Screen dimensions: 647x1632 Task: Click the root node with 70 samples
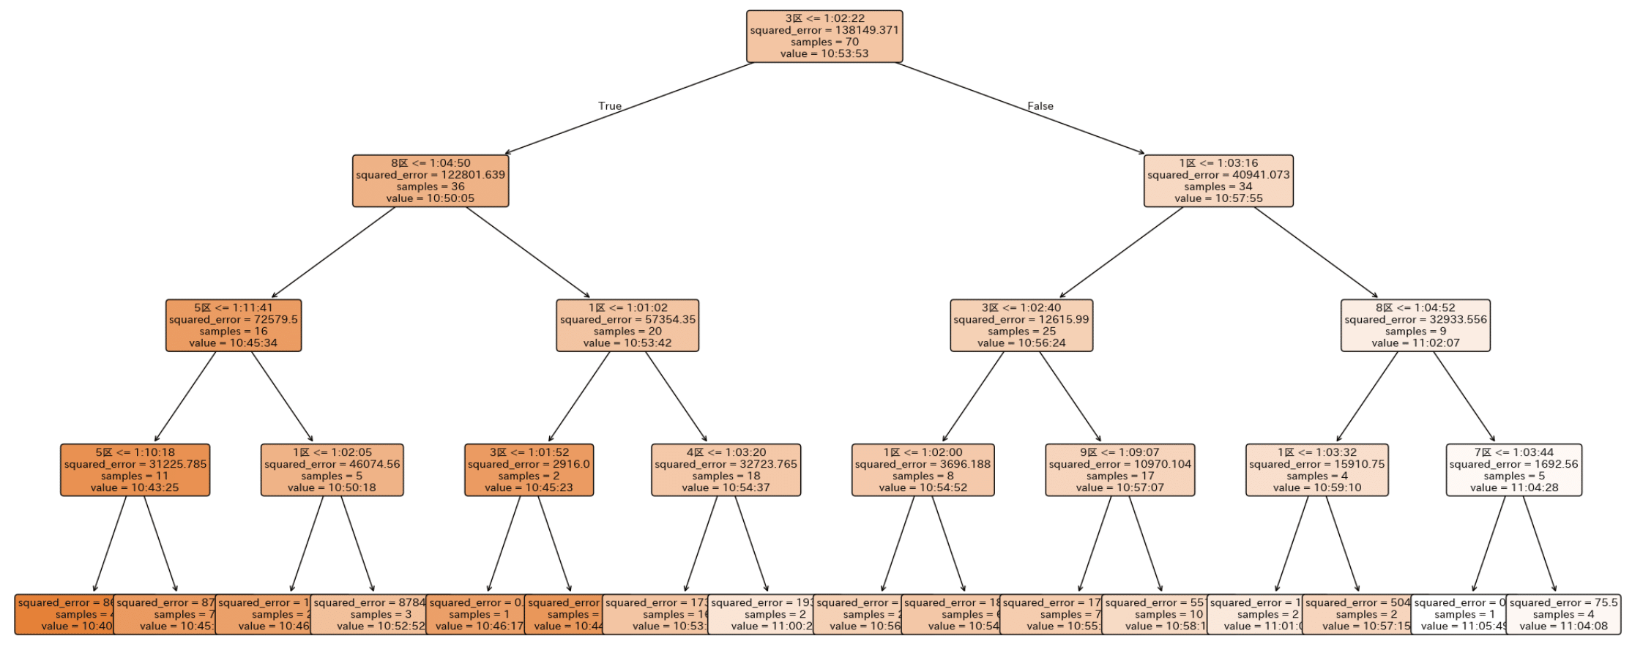pyautogui.click(x=824, y=36)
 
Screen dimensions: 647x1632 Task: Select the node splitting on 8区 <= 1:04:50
pyautogui.click(x=431, y=181)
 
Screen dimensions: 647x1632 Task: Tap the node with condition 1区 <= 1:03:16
pyautogui.click(x=1218, y=181)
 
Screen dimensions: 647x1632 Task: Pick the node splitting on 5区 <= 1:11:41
pyautogui.click(x=234, y=325)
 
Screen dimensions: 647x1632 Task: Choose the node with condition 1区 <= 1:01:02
pyautogui.click(x=627, y=325)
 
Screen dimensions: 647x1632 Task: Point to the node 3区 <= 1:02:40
pyautogui.click(x=1021, y=325)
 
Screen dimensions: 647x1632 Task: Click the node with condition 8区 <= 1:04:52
pyautogui.click(x=1415, y=325)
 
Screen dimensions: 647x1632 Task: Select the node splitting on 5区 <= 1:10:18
pyautogui.click(x=135, y=470)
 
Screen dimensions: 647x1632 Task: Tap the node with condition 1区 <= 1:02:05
pyautogui.click(x=332, y=470)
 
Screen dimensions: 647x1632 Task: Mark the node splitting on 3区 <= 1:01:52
pyautogui.click(x=529, y=470)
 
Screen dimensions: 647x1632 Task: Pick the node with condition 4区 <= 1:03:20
pyautogui.click(x=726, y=470)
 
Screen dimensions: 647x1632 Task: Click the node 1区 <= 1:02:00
pyautogui.click(x=923, y=470)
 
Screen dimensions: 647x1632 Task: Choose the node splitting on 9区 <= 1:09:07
pyautogui.click(x=1120, y=470)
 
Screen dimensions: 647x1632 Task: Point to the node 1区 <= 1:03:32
pyautogui.click(x=1317, y=470)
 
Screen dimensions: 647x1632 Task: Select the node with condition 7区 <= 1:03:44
pyautogui.click(x=1514, y=470)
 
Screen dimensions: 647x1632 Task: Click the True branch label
pyautogui.click(x=610, y=106)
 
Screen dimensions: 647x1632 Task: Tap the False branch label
pyautogui.click(x=1040, y=106)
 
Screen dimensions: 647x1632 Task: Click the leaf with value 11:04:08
pyautogui.click(x=1563, y=615)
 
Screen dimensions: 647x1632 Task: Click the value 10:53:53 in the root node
pyautogui.click(x=824, y=53)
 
